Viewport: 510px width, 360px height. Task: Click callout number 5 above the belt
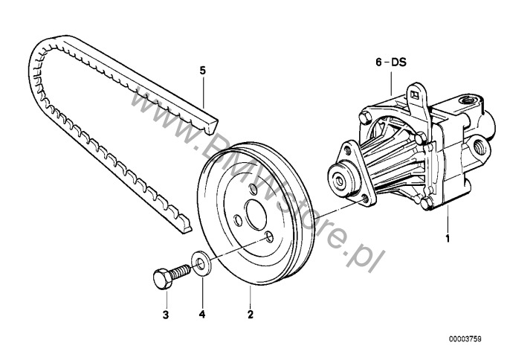click(203, 71)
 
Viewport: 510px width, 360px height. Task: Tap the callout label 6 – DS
click(391, 62)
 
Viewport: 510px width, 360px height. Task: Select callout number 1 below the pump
click(448, 238)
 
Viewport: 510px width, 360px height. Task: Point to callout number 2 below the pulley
click(250, 315)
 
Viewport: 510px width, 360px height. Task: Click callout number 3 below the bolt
click(166, 315)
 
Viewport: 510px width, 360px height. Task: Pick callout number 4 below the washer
click(202, 315)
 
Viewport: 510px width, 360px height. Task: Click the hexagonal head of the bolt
click(162, 279)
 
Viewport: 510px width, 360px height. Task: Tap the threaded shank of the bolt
click(180, 271)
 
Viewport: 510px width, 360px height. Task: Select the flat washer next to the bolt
click(201, 263)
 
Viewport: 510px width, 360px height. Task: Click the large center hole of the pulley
click(256, 214)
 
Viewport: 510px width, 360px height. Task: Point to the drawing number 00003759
click(465, 339)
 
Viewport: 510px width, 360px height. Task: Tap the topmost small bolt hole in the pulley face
click(253, 190)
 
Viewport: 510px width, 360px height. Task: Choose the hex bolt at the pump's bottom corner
click(427, 204)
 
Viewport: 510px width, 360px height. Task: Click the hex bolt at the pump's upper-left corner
click(365, 117)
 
